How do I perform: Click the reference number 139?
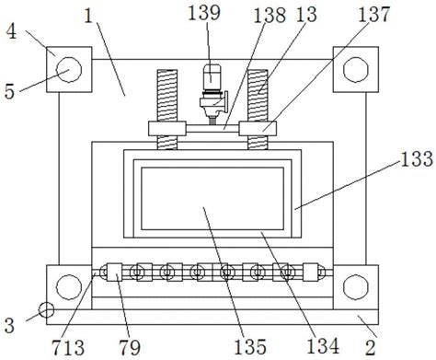(x=204, y=13)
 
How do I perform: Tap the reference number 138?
(x=270, y=15)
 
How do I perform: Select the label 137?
(x=373, y=14)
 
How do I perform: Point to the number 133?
(x=417, y=158)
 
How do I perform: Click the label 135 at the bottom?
(x=250, y=346)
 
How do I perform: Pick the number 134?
(x=323, y=345)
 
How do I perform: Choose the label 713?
(x=68, y=347)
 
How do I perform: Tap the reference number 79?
(x=130, y=347)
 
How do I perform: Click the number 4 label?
(x=11, y=31)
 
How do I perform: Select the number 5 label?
(x=9, y=91)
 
